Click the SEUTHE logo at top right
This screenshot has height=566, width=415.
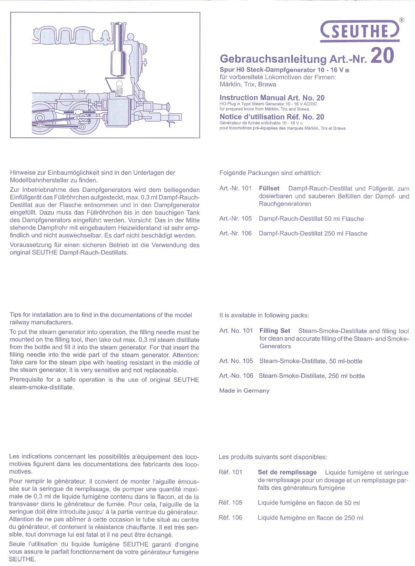(360, 31)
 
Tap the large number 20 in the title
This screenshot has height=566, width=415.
(382, 56)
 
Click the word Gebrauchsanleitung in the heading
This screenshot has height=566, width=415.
(273, 59)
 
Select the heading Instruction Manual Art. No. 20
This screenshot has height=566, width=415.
(272, 98)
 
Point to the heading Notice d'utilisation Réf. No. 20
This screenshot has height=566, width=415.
(272, 117)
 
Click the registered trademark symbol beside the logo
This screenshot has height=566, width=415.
(401, 20)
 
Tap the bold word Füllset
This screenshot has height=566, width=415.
(269, 188)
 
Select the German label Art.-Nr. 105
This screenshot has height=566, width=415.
(235, 219)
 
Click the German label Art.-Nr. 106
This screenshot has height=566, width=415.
(235, 234)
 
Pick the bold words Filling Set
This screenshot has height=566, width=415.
(275, 331)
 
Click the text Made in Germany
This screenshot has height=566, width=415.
(244, 391)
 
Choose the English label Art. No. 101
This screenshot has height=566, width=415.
(236, 331)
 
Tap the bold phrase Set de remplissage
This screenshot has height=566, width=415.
(287, 473)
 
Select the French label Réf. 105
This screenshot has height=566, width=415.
(230, 503)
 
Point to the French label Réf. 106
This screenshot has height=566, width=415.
(230, 518)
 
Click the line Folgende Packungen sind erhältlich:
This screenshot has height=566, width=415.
(270, 173)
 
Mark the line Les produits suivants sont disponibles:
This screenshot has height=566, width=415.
(273, 457)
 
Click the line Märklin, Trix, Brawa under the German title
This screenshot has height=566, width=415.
(248, 85)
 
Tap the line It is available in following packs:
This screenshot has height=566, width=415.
(264, 315)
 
